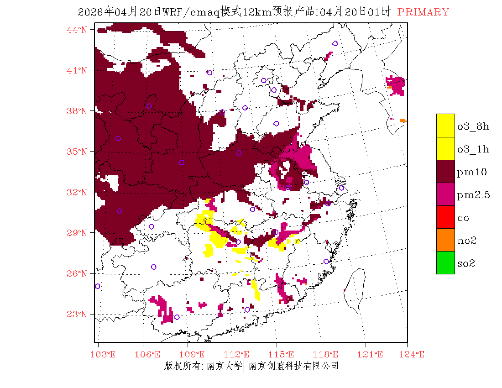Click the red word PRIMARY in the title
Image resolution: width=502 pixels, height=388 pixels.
[423, 12]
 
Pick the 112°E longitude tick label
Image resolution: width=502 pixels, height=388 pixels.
[240, 355]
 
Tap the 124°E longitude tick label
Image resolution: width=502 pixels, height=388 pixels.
[415, 355]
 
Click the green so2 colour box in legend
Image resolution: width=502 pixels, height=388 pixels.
[445, 262]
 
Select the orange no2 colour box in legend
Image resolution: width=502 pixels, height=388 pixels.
[445, 240]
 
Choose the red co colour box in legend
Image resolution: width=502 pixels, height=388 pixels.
[445, 217]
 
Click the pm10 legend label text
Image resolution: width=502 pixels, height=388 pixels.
[472, 173]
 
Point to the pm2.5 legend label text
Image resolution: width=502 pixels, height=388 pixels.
[473, 195]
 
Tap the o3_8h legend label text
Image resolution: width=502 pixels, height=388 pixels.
[473, 126]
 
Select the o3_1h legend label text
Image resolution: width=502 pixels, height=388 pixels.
[473, 149]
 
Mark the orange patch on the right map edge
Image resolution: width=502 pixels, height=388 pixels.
[403, 121]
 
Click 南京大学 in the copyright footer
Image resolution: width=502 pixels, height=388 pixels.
[224, 366]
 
